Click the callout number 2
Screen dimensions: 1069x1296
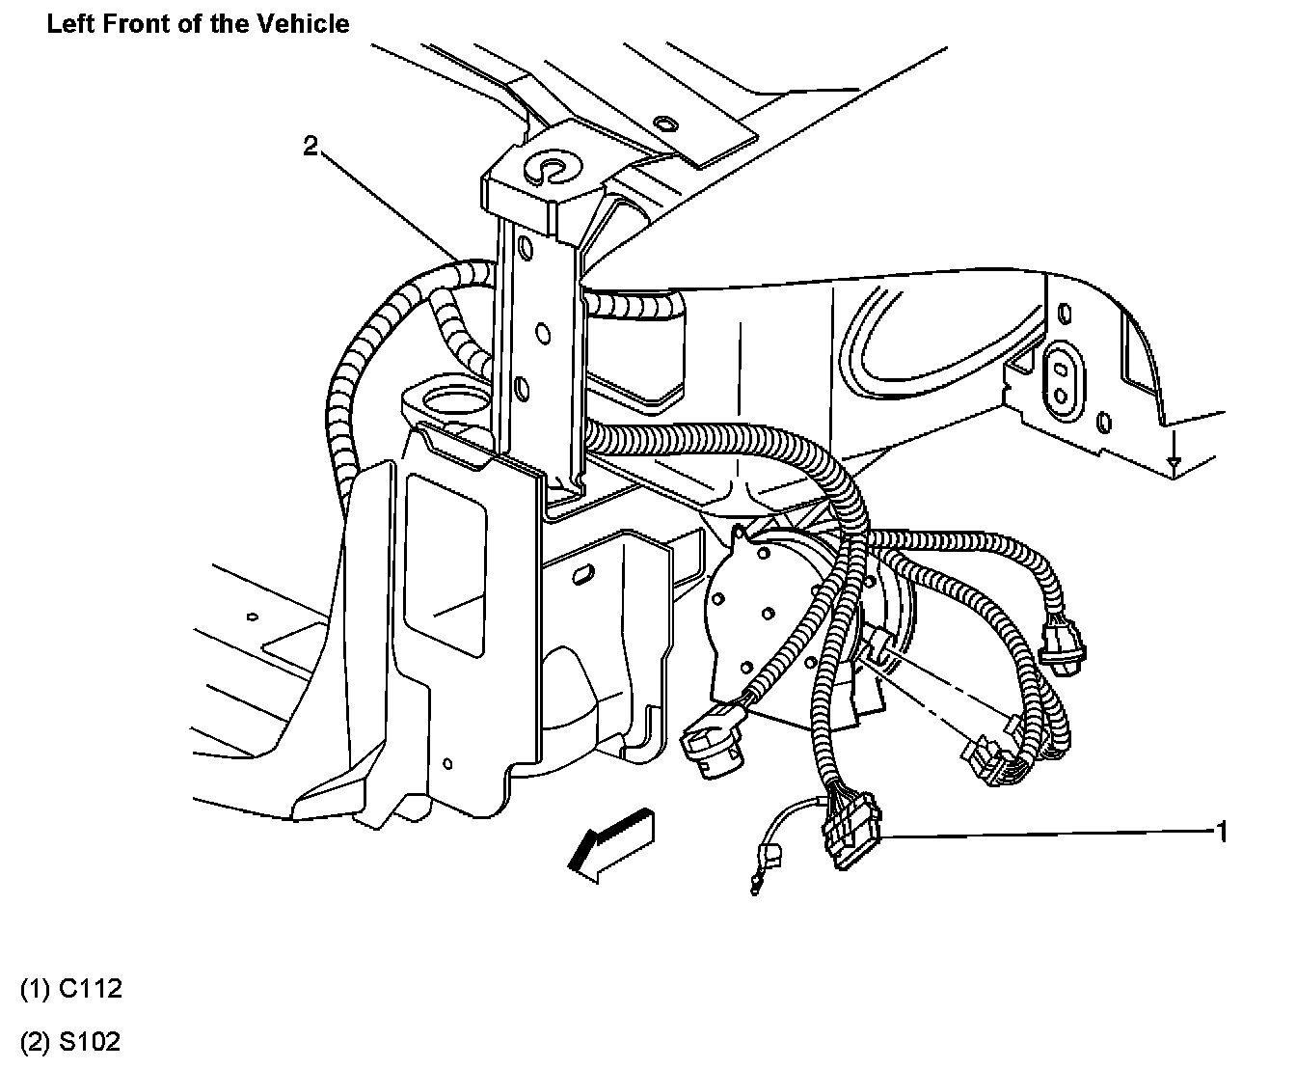310,147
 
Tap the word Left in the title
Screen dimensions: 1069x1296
68,23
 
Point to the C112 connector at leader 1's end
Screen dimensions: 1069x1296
851,832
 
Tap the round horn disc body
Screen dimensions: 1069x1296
762,617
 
